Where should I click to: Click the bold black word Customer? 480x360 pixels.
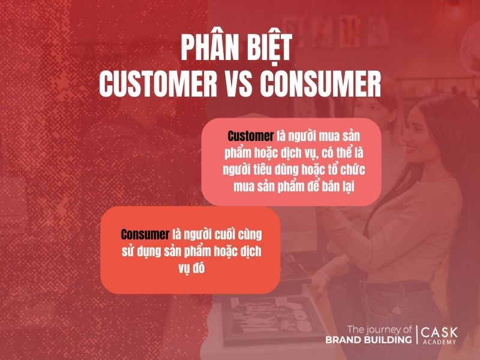point(250,136)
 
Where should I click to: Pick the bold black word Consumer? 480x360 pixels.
point(146,233)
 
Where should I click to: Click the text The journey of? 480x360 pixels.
point(379,329)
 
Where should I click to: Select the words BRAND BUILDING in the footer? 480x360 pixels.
point(368,340)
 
